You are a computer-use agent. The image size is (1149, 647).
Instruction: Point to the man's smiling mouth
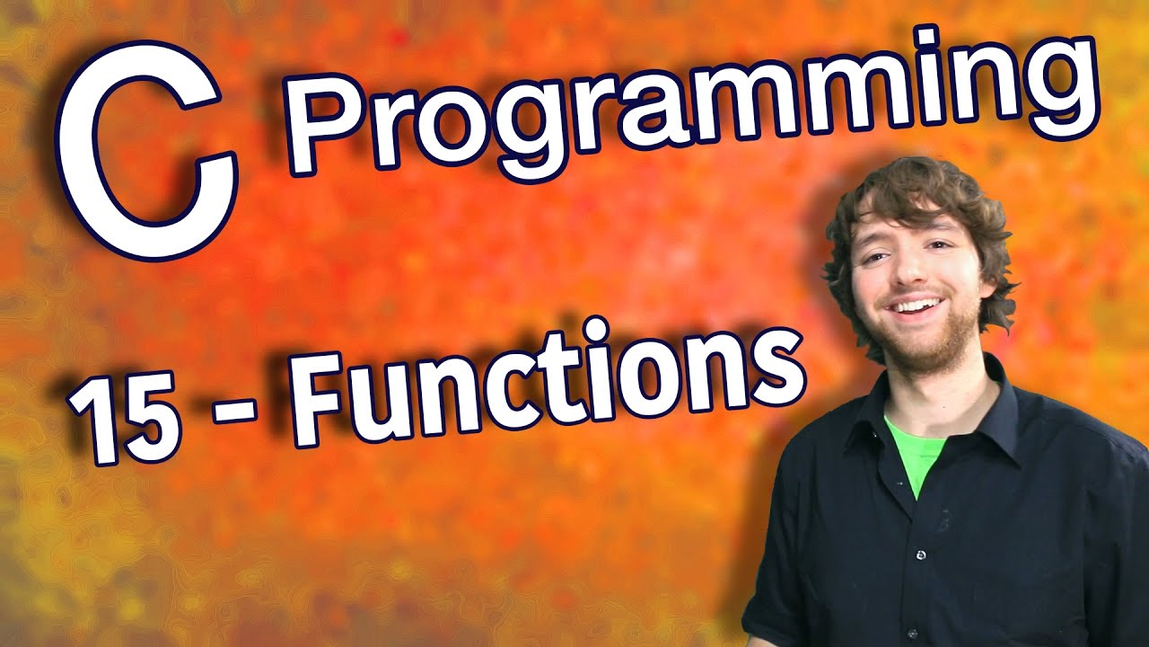point(911,306)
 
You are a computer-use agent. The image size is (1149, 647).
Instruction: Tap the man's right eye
point(873,256)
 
